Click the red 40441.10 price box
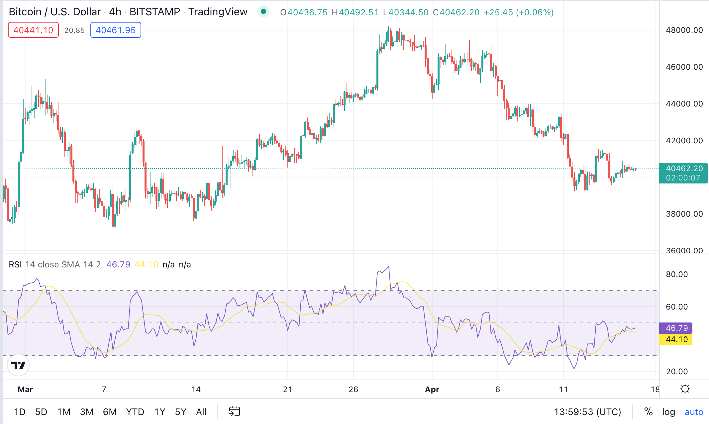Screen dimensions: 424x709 (x=33, y=30)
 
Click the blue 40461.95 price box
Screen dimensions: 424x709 (x=116, y=30)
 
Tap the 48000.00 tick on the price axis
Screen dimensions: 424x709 (x=684, y=30)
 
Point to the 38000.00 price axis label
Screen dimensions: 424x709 (x=684, y=214)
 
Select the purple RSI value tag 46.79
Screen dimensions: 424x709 (x=676, y=328)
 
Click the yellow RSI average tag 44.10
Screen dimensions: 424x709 (x=676, y=339)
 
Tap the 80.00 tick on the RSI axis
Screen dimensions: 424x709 (x=677, y=274)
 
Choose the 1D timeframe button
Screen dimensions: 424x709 (x=20, y=412)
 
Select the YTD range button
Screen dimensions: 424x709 (x=135, y=412)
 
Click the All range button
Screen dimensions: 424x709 (x=201, y=412)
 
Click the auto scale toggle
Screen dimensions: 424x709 (x=694, y=412)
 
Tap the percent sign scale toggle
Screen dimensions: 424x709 (x=648, y=412)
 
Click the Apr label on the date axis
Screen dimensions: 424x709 (x=432, y=389)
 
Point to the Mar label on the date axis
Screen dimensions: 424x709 (x=25, y=389)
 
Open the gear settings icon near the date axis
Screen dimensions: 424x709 (x=685, y=389)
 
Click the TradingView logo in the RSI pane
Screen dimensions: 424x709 (x=18, y=365)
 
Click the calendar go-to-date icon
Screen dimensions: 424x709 (x=234, y=411)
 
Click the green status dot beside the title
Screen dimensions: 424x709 (x=263, y=12)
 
